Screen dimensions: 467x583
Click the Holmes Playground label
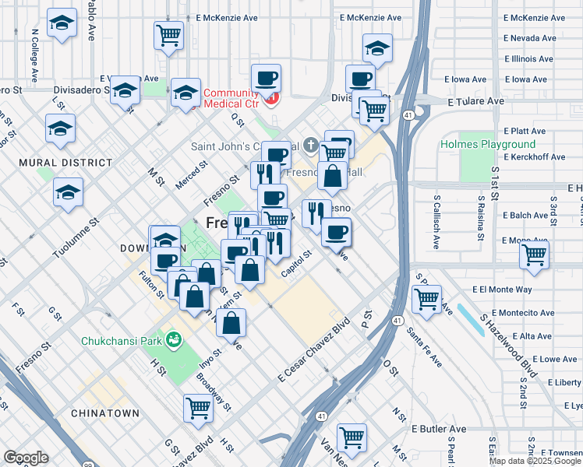488,144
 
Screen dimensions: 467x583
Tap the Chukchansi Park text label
122,341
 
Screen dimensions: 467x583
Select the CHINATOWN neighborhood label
104,413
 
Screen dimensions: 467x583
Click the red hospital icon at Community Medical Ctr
271,98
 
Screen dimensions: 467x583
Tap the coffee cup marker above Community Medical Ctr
266,78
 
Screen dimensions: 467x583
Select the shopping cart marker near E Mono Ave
534,255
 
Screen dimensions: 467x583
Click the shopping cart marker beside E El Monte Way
426,299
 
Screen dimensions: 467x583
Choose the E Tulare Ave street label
475,101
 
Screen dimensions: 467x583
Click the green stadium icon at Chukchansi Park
175,340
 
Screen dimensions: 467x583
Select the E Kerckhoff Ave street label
535,156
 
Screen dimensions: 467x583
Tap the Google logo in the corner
26,458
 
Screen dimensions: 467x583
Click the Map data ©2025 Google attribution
535,461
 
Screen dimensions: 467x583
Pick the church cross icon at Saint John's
310,145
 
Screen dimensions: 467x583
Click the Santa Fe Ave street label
425,347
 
